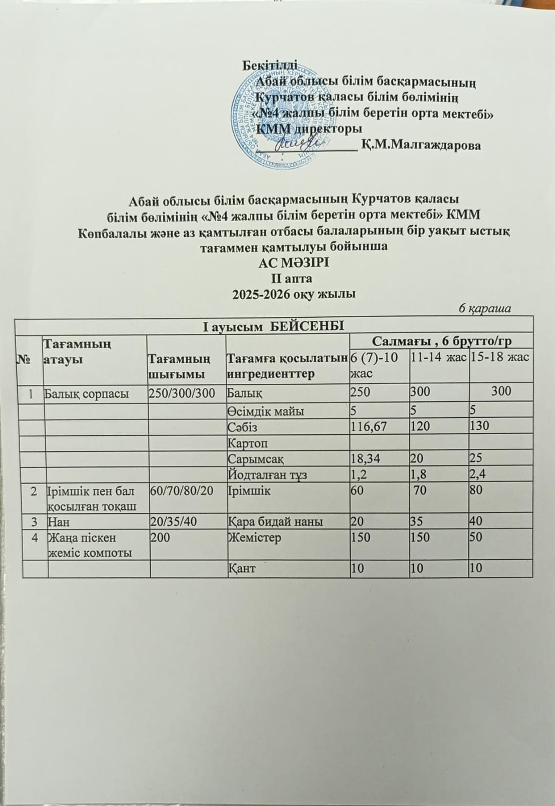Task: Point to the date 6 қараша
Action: pyautogui.click(x=484, y=308)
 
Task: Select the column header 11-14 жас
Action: pyautogui.click(x=438, y=357)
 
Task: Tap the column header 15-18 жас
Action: pyautogui.click(x=500, y=357)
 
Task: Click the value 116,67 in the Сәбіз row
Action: pyautogui.click(x=369, y=427)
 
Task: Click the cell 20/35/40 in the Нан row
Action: pyautogui.click(x=172, y=521)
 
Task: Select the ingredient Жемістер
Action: pyautogui.click(x=254, y=538)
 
